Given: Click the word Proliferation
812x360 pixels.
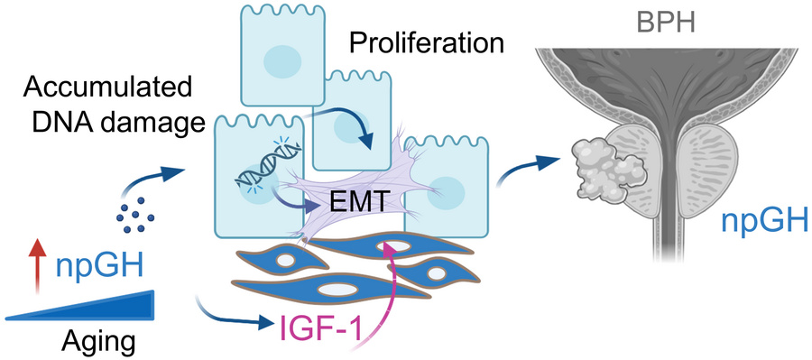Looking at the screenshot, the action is (426, 44).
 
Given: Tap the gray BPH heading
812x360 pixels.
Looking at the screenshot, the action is (666, 23).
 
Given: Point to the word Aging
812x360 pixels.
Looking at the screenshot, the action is (99, 342).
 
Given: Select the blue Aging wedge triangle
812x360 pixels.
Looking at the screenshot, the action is (80, 306).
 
